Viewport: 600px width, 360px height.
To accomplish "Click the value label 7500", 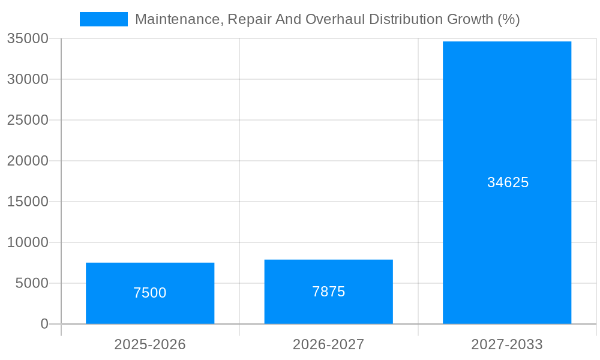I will [150, 293].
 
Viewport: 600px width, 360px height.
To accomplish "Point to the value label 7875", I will [328, 292].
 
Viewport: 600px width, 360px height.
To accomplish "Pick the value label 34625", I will [508, 182].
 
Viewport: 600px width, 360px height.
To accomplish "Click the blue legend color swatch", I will [104, 19].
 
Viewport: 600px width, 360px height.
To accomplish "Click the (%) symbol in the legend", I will [509, 19].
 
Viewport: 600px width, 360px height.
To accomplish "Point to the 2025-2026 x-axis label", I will [150, 344].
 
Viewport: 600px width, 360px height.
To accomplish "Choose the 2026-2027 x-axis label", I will [328, 344].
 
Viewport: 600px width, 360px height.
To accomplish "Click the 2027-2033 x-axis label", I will [507, 344].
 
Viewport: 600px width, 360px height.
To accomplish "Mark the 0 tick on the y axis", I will [44, 324].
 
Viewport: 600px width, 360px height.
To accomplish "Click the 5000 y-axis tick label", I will [32, 283].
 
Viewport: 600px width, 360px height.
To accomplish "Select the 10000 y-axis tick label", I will [28, 242].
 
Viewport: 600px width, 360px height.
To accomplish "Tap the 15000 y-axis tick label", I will [28, 202].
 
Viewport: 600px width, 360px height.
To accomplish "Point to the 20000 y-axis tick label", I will [28, 161].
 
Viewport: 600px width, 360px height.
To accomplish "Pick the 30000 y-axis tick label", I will [28, 79].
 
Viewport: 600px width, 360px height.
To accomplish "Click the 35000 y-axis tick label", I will [28, 38].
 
